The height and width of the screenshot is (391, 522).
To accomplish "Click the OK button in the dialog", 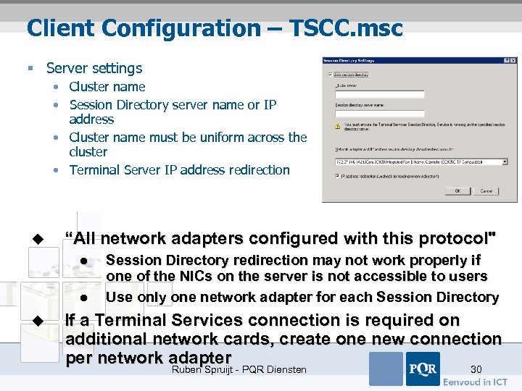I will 457,191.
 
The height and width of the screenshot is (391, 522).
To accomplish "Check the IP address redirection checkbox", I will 337,175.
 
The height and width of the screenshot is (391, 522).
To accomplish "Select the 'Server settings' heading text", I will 94,68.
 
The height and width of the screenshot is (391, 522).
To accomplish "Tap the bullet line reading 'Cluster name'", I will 107,86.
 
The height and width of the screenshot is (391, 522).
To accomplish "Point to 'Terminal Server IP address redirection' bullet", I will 179,170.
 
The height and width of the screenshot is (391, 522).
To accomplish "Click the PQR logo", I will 422,369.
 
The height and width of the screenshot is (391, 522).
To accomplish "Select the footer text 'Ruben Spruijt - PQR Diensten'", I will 239,370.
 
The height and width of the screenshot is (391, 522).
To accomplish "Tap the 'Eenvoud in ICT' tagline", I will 476,382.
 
